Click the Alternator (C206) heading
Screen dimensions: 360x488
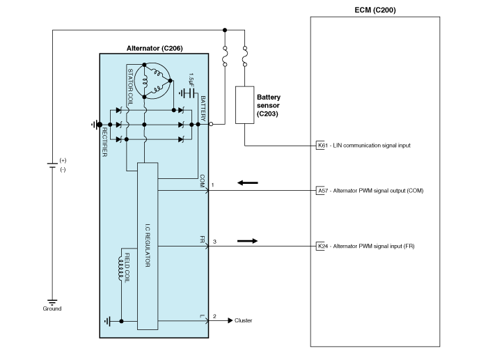[x=155, y=47]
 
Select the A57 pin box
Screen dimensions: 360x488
[x=322, y=190]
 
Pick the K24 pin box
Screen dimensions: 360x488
[x=322, y=246]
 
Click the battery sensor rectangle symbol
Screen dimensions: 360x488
[x=245, y=105]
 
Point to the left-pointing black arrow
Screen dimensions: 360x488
[x=247, y=183]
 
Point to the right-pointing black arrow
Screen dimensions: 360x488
[x=247, y=241]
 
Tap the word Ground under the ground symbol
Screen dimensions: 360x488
[x=52, y=308]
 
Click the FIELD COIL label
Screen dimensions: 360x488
[x=127, y=269]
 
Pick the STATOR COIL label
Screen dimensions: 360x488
[x=130, y=85]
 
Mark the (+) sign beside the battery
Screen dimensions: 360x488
[x=63, y=160]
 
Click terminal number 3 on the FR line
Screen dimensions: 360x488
[x=214, y=241]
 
